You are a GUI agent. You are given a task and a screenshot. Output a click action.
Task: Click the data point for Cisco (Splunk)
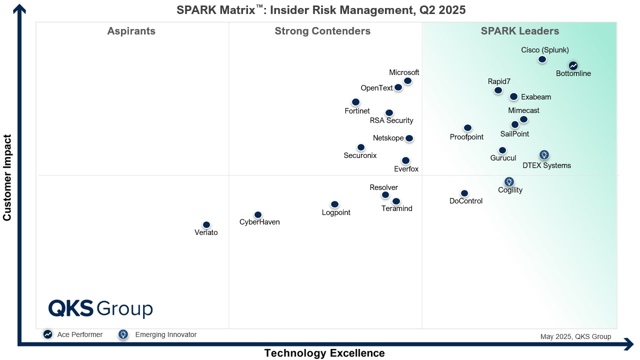coord(542,59)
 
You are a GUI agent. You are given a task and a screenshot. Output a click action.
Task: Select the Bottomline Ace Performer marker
coord(573,65)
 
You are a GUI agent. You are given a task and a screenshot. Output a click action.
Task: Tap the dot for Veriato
coord(206,225)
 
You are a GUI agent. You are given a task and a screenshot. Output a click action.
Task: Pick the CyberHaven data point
coord(258,215)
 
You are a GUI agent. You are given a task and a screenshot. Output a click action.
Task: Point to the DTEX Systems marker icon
coord(544,155)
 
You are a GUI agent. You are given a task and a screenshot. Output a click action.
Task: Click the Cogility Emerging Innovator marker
coord(509,181)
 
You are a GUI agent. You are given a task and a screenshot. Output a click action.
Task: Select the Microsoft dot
coord(408,81)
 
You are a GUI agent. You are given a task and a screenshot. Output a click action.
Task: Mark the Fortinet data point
coord(355,102)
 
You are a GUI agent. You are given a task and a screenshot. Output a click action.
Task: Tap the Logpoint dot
coord(334,204)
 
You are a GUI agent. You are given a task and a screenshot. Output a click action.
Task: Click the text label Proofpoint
coord(466,137)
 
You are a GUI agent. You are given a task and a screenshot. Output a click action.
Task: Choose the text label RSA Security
coord(391,120)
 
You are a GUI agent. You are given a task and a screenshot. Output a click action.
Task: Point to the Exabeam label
coord(536,97)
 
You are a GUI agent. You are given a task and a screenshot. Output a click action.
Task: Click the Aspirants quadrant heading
coord(131,31)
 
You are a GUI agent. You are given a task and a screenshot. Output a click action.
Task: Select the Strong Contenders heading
coord(322,31)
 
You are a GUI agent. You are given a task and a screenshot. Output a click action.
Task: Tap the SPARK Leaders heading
coord(520,31)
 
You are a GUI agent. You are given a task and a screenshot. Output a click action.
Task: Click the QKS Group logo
coord(100,308)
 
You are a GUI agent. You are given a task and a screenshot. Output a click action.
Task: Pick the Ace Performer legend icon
coord(48,334)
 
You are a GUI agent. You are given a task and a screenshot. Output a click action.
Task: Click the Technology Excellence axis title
coord(324,353)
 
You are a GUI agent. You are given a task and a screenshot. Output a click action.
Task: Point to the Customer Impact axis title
coord(7,177)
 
